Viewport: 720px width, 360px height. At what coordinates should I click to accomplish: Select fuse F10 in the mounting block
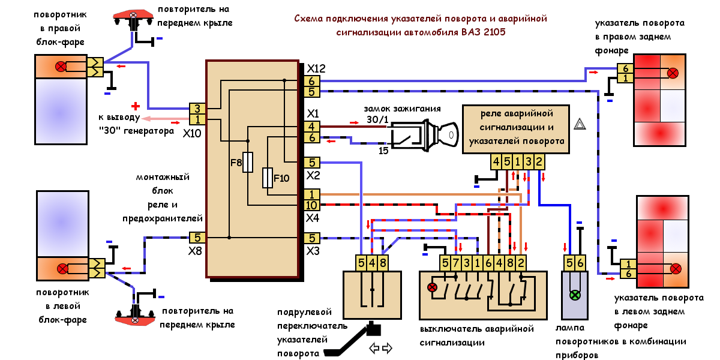(x=268, y=178)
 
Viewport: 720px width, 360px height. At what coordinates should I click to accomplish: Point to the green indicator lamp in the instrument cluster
(x=574, y=295)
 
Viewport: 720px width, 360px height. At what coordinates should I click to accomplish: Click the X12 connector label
(x=315, y=69)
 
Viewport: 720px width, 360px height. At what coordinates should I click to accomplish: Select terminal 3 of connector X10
(x=198, y=109)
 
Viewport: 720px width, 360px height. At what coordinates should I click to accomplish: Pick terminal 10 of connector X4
(x=312, y=205)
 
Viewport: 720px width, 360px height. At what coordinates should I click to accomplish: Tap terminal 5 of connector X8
(x=198, y=238)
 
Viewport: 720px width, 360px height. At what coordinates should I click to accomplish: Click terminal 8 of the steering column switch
(x=383, y=262)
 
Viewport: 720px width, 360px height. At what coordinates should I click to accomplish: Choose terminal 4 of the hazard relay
(x=496, y=161)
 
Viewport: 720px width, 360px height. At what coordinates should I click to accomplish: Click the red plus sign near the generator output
(x=136, y=106)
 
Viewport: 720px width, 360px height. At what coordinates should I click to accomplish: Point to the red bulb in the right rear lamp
(x=673, y=73)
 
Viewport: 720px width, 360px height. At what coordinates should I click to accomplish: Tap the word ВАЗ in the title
(x=464, y=32)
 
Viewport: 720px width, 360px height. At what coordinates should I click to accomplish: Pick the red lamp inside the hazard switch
(x=431, y=287)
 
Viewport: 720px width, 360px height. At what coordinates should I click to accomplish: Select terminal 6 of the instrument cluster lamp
(x=580, y=262)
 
